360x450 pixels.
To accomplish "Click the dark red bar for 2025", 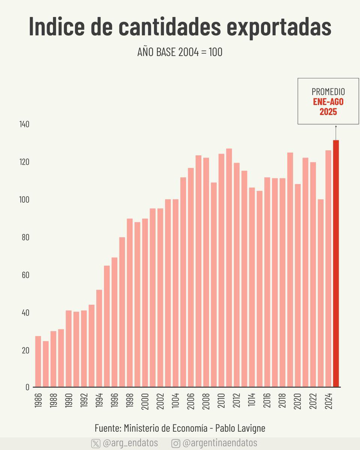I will (336, 262).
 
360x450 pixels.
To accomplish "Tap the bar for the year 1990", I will (69, 348).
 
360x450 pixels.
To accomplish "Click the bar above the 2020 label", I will (298, 285).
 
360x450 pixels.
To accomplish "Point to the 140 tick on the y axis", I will (24, 124).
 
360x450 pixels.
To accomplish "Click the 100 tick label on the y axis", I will (24, 200).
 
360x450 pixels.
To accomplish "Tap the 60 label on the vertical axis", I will (25, 275).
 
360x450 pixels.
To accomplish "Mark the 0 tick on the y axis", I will (27, 387).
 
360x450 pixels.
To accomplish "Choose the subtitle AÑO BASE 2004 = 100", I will (180, 52).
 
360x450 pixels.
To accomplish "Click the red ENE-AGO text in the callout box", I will (328, 102).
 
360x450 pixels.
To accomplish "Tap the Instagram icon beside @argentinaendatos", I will (176, 443).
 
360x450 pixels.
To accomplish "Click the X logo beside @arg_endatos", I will (96, 443).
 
